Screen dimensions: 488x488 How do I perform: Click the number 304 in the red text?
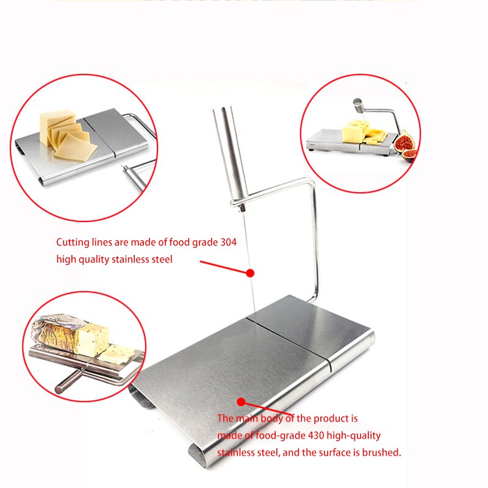(x=227, y=242)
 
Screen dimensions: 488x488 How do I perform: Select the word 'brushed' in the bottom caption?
(x=381, y=453)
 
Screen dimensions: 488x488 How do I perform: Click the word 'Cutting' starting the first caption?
(x=73, y=242)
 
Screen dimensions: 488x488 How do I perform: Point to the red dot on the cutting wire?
(x=249, y=272)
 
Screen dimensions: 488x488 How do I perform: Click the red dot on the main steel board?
(x=241, y=401)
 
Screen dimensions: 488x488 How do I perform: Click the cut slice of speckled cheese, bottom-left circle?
(x=116, y=353)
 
